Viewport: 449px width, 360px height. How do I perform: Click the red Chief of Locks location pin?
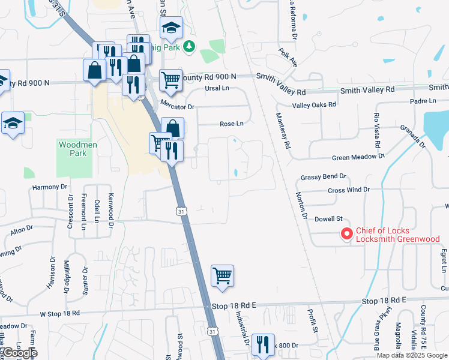point(346,234)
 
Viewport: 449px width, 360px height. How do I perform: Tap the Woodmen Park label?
point(73,149)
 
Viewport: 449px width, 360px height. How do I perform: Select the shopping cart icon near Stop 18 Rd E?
point(222,277)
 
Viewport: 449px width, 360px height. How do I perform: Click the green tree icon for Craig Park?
point(189,46)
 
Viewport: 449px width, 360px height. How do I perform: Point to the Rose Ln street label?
point(232,124)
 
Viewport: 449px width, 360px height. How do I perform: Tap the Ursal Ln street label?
point(217,88)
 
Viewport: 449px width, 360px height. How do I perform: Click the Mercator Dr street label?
point(178,106)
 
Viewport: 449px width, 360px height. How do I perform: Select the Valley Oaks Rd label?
point(314,104)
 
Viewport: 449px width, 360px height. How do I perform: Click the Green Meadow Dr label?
point(358,157)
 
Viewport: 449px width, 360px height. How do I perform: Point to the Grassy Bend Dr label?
point(324,177)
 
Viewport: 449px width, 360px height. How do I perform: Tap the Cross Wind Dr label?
point(349,190)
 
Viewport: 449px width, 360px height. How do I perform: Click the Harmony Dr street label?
point(50,187)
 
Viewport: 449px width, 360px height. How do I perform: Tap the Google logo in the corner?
point(19,353)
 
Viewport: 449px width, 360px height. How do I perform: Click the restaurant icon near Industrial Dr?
point(263,344)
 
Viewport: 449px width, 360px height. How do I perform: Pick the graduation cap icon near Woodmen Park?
point(13,124)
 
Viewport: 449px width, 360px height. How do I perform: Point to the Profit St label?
point(312,321)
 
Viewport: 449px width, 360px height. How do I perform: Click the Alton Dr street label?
point(22,230)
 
